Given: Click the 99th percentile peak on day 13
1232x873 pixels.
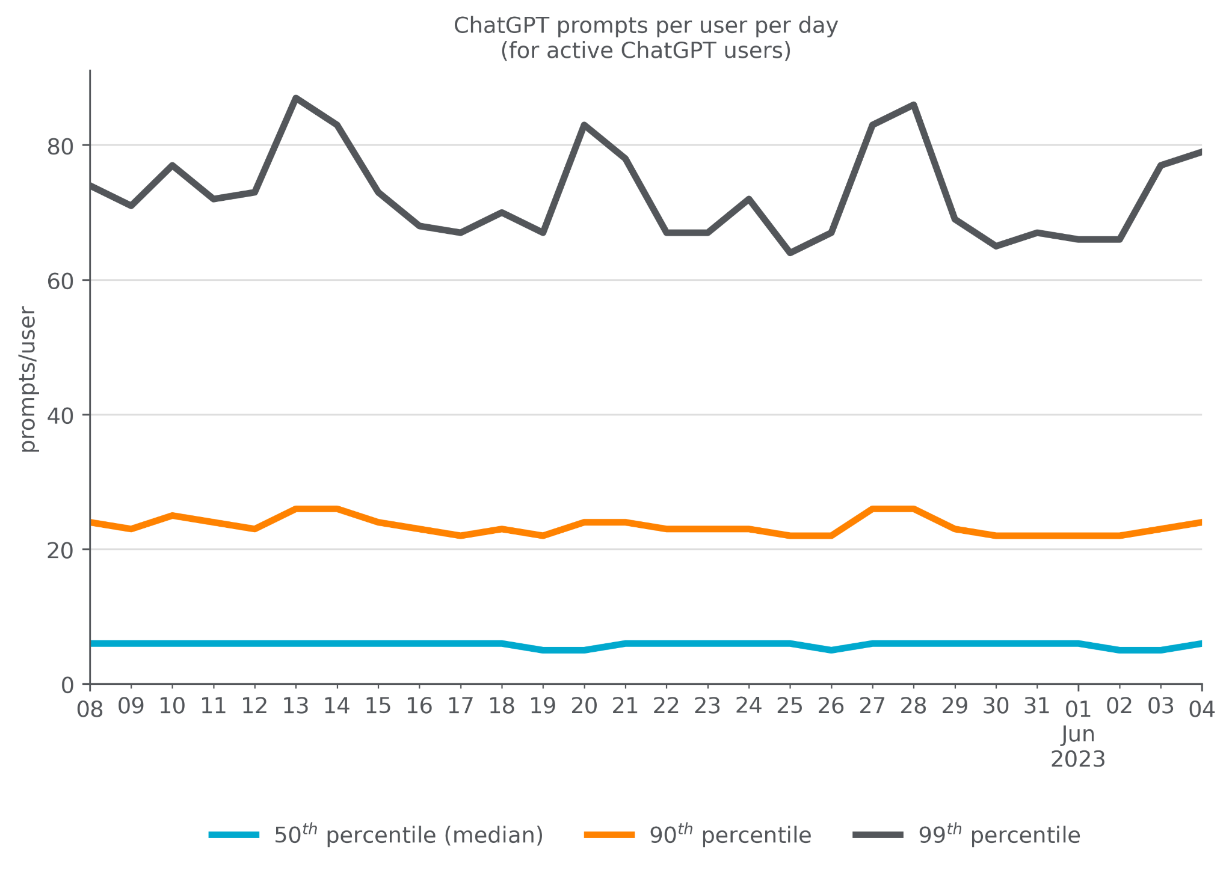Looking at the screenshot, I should pyautogui.click(x=296, y=98).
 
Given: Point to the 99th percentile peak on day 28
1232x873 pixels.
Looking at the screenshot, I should pyautogui.click(x=914, y=105).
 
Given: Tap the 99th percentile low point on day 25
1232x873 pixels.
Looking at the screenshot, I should pyautogui.click(x=790, y=253).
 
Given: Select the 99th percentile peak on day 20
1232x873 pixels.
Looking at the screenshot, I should pyautogui.click(x=584, y=125).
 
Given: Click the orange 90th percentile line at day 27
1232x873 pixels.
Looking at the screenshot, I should pyautogui.click(x=872, y=509).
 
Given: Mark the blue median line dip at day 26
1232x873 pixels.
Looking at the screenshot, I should pyautogui.click(x=831, y=650).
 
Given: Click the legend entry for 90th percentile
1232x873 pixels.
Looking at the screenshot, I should pyautogui.click(x=730, y=836).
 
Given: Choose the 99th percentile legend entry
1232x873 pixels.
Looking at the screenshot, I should pyautogui.click(x=999, y=836).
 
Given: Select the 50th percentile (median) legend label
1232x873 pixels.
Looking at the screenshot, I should pyautogui.click(x=408, y=836).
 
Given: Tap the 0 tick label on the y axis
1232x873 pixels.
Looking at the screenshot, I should pyautogui.click(x=67, y=685).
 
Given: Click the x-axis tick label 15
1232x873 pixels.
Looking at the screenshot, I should pyautogui.click(x=378, y=706).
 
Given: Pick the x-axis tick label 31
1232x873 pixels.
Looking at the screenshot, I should pyautogui.click(x=1036, y=706).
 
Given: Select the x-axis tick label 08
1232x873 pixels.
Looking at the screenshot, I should pyautogui.click(x=90, y=710).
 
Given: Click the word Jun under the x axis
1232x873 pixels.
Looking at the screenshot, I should pyautogui.click(x=1078, y=735).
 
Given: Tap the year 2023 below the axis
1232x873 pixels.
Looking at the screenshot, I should pyautogui.click(x=1078, y=759).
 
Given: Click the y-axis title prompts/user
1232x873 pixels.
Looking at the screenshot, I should pyautogui.click(x=28, y=379).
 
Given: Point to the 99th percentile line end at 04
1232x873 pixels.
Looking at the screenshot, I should pyautogui.click(x=1200, y=152).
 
